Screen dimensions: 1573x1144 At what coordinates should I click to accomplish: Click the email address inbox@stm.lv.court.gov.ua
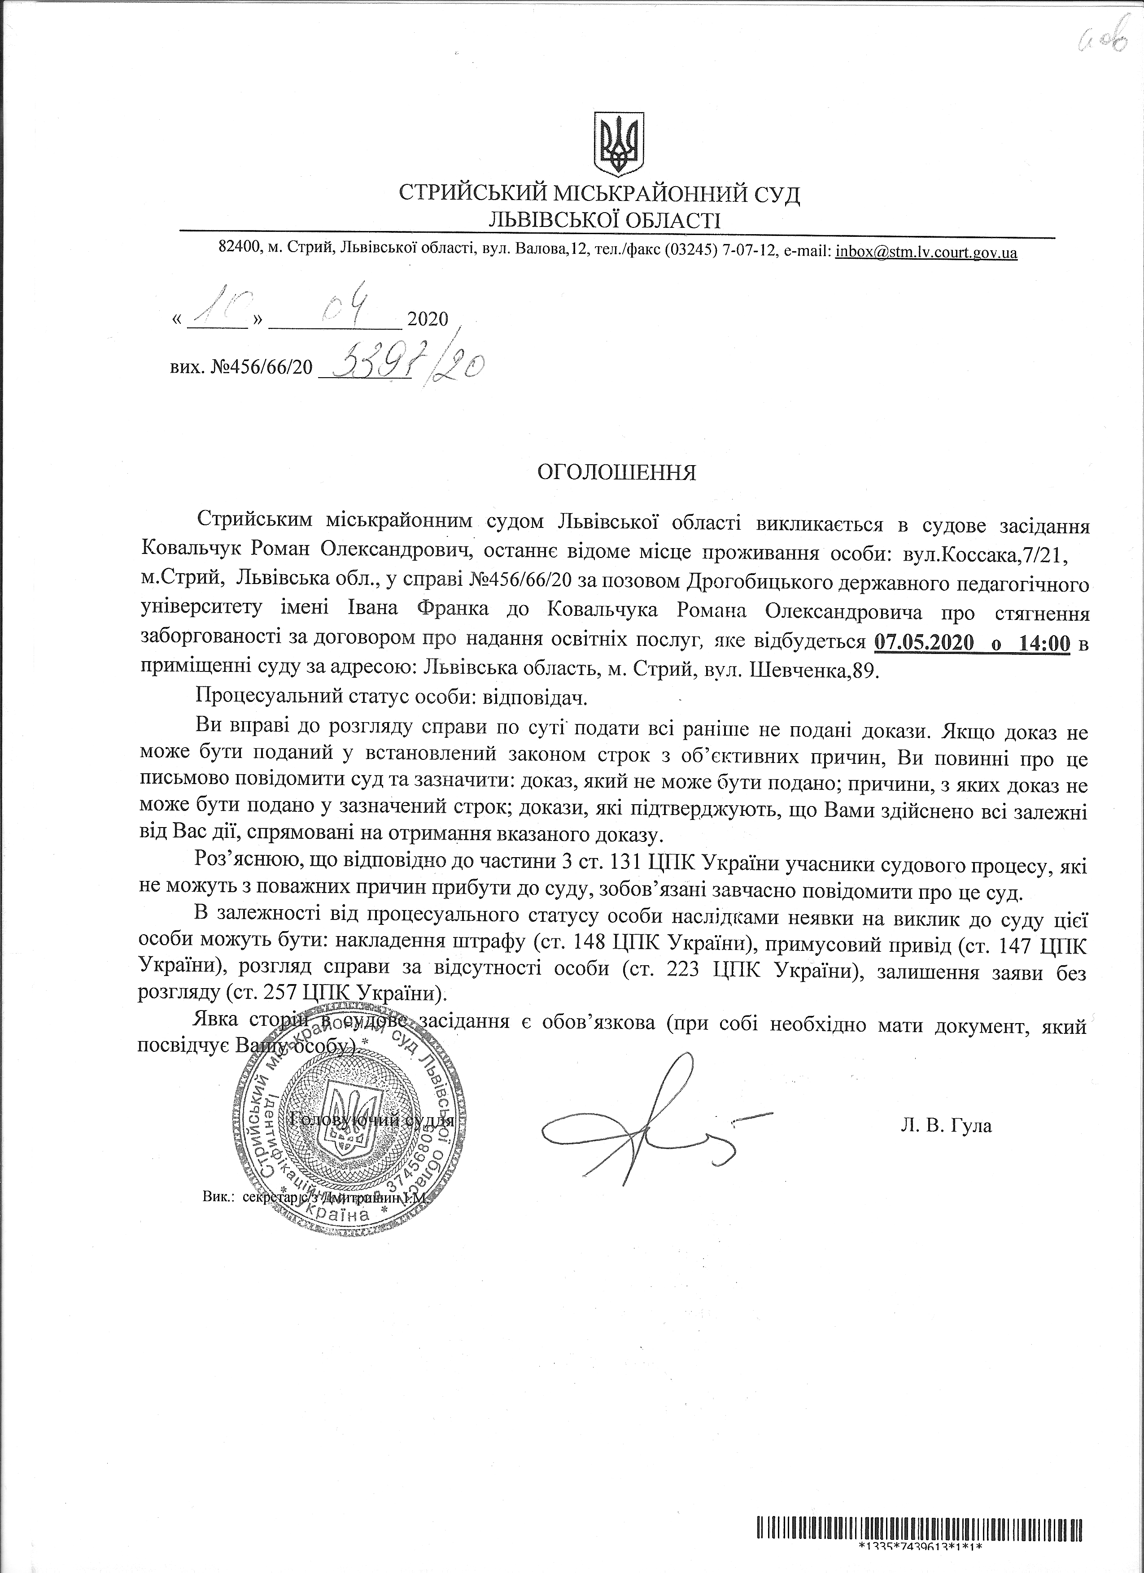[926, 253]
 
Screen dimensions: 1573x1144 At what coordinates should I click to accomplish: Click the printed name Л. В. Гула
[946, 1126]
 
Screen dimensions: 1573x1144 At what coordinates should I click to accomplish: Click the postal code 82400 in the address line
[238, 253]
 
